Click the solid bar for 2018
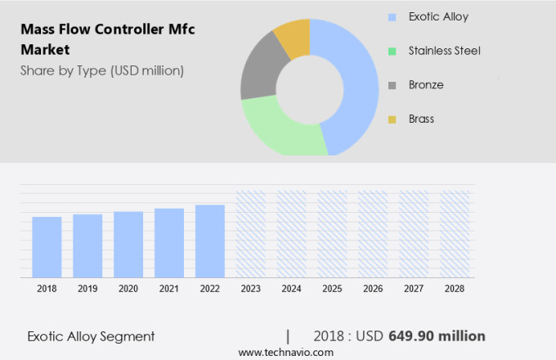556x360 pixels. pyautogui.click(x=47, y=246)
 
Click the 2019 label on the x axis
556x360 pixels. pyautogui.click(x=87, y=289)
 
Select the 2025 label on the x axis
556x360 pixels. pyautogui.click(x=332, y=289)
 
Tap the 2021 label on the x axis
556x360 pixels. pyautogui.click(x=169, y=289)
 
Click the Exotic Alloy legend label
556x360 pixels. pyautogui.click(x=439, y=16)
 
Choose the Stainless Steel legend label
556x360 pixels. pyautogui.click(x=446, y=51)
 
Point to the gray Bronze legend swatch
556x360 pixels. pyautogui.click(x=392, y=85)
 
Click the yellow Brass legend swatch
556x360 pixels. pyautogui.click(x=392, y=119)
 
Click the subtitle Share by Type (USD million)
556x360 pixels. pyautogui.click(x=102, y=70)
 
